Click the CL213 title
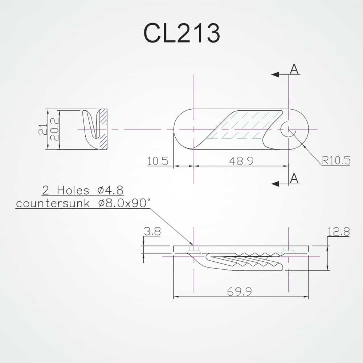tap(181, 33)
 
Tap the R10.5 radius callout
tap(336, 160)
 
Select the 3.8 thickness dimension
tap(152, 232)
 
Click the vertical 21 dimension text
tap(43, 129)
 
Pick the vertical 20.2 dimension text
tap(54, 129)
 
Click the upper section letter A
tap(294, 69)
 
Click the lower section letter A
tap(294, 178)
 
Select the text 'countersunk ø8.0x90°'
tap(83, 203)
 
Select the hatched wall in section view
tap(104, 129)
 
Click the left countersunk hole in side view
tap(195, 249)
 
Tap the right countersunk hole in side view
tap(288, 249)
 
